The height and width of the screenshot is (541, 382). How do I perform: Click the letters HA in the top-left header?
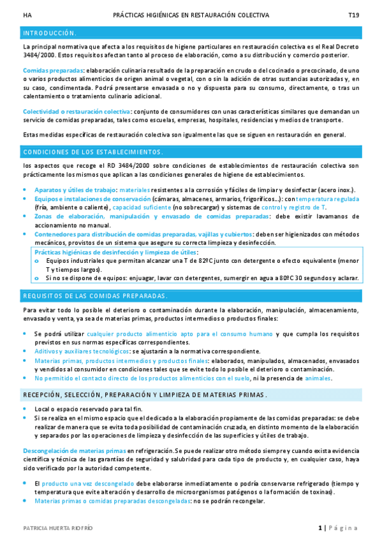click(26, 14)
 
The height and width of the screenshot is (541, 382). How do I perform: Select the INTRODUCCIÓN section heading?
click(50, 33)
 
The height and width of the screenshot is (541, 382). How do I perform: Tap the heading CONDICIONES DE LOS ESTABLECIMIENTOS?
click(92, 152)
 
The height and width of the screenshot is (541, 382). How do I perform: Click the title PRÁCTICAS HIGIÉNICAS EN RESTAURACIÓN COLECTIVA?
click(191, 14)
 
